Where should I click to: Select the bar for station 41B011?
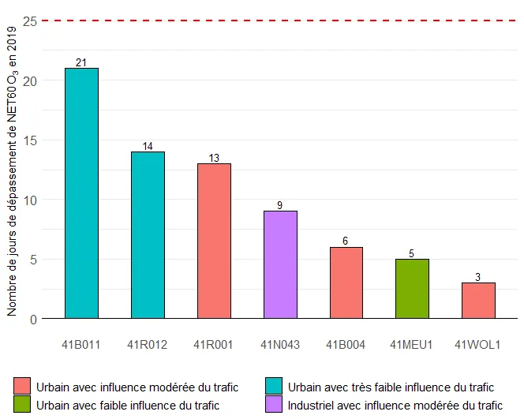point(81,193)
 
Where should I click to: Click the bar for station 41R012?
point(148,235)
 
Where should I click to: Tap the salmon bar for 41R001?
point(214,241)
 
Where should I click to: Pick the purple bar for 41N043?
point(280,265)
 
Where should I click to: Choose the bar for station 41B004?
point(346,283)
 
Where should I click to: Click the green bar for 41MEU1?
point(412,289)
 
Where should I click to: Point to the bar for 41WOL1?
point(478,301)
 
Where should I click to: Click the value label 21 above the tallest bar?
point(81,62)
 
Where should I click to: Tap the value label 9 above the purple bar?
point(280,206)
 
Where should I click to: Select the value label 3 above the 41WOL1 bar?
point(478,277)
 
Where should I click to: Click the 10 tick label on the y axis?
point(29,200)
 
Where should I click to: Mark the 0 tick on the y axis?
point(32,319)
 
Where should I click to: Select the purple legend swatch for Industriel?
point(275,406)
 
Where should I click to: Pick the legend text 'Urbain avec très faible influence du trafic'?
point(391,387)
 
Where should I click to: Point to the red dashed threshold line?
point(276,21)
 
